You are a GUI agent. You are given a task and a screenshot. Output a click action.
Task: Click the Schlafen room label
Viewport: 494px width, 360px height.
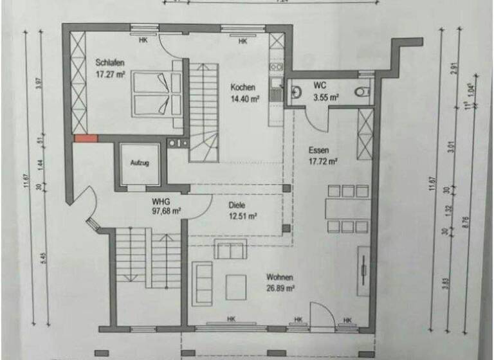click(x=110, y=62)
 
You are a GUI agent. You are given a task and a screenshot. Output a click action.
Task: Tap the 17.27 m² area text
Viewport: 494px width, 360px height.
click(x=110, y=75)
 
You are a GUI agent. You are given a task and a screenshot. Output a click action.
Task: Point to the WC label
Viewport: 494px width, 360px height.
click(x=320, y=85)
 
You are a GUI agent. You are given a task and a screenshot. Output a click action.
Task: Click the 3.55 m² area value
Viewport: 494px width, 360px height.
click(x=325, y=98)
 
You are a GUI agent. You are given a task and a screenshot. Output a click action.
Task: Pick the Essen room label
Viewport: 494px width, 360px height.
click(x=320, y=150)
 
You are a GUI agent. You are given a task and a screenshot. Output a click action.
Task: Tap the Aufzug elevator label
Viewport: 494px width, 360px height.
click(x=140, y=163)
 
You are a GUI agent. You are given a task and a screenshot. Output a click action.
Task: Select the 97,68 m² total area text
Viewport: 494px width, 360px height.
click(x=166, y=211)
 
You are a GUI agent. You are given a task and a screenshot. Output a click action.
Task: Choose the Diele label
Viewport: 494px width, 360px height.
click(x=237, y=205)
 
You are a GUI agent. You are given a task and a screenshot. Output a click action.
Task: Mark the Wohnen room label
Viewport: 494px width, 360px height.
click(x=280, y=278)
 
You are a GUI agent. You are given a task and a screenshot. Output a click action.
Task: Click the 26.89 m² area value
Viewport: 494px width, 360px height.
click(x=280, y=289)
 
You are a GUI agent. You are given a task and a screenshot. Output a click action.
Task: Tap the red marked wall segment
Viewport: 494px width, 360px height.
click(x=86, y=138)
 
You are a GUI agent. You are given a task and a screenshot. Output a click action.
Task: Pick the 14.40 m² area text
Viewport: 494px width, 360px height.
click(x=244, y=99)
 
